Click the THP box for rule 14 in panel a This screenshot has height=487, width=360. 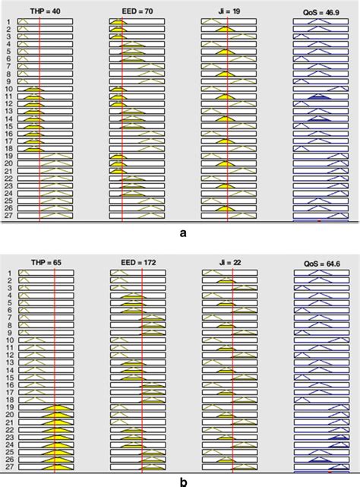[46, 119]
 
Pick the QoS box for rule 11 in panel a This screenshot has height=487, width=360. [321, 96]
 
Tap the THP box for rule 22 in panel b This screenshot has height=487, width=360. [46, 430]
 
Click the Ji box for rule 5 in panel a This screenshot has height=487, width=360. [229, 51]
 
